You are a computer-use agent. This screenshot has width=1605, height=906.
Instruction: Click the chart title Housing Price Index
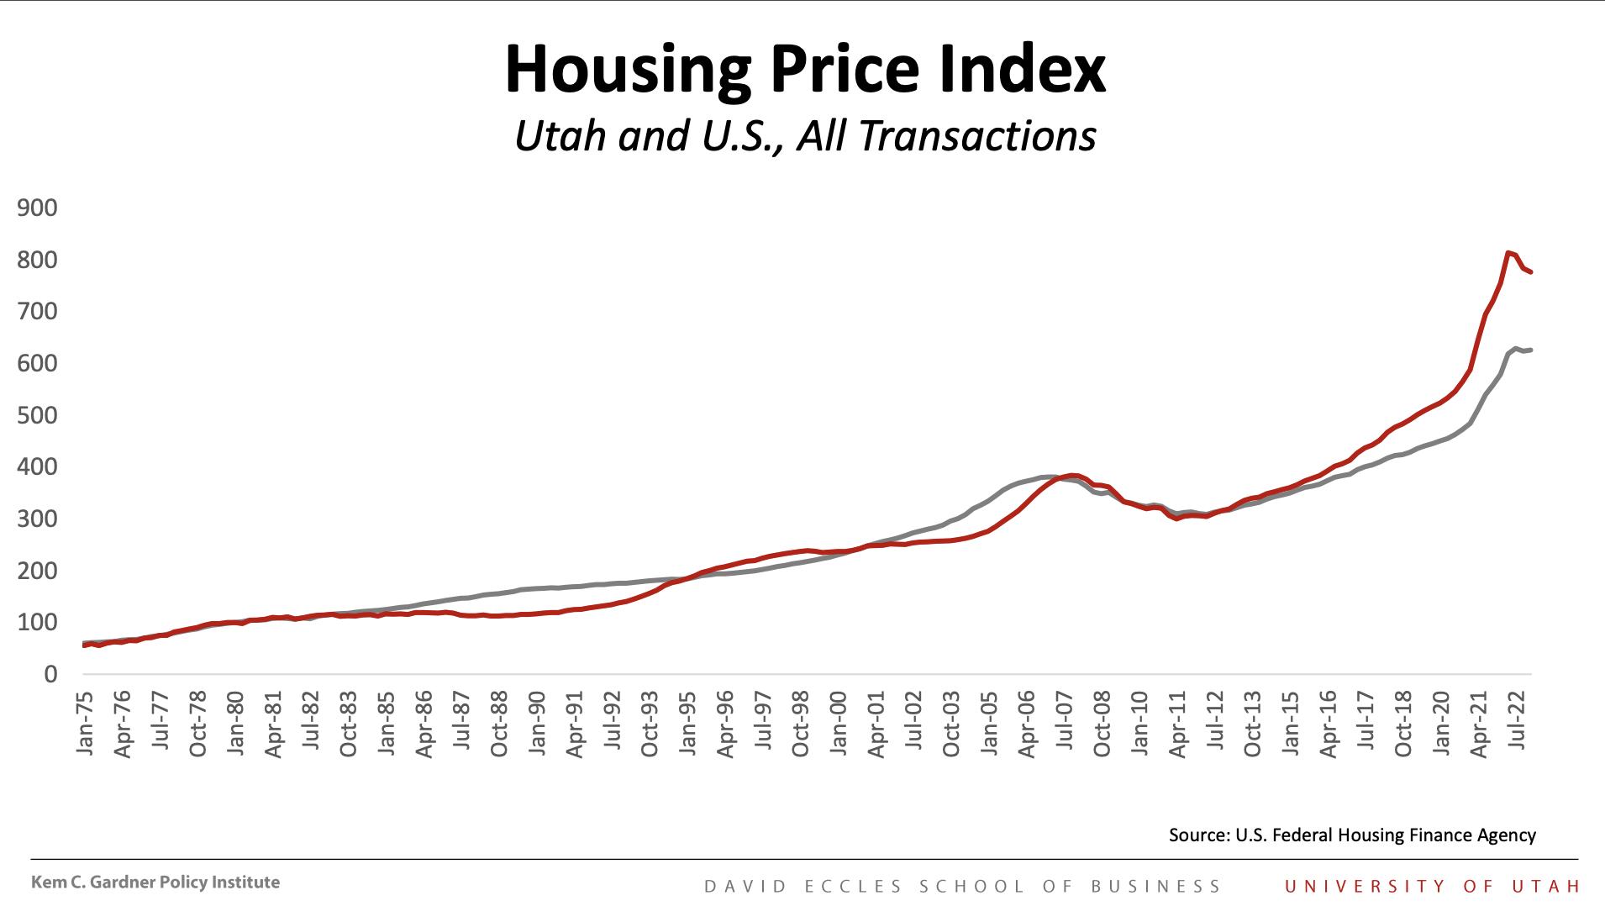click(804, 71)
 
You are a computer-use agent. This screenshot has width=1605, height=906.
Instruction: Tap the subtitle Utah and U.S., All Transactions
click(804, 136)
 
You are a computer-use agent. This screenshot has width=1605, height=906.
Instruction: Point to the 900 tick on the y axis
click(37, 208)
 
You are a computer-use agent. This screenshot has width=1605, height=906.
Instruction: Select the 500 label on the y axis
click(37, 415)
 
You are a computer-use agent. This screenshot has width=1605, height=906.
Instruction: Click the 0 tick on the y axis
click(50, 674)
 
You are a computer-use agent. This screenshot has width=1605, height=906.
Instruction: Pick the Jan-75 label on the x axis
click(84, 723)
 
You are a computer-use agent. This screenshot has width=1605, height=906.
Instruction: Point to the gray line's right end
click(1531, 350)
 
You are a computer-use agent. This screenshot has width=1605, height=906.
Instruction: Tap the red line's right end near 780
click(1531, 272)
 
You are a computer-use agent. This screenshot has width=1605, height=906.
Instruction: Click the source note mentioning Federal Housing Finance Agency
click(1351, 835)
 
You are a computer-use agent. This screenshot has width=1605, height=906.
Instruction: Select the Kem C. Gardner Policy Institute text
click(155, 882)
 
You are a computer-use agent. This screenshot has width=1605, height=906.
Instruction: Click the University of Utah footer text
click(1432, 886)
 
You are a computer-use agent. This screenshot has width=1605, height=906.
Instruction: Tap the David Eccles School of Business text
click(962, 887)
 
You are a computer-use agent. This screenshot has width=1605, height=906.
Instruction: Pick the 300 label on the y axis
click(37, 519)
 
